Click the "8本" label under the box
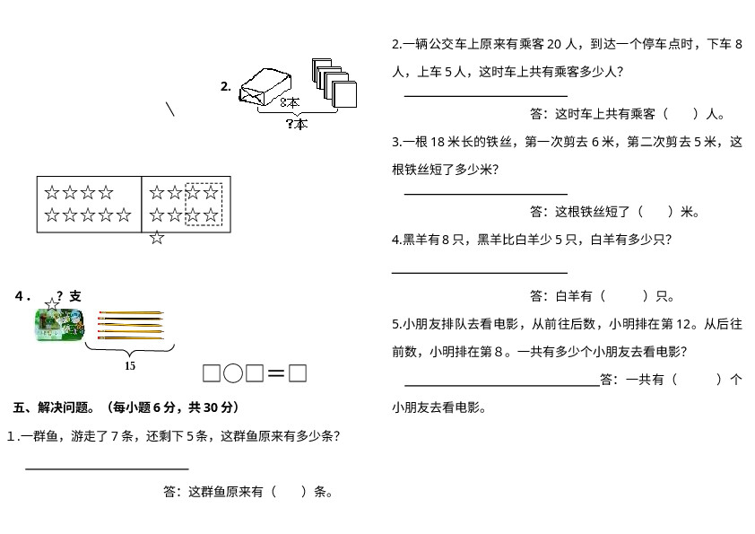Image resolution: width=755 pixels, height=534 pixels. [x=290, y=103]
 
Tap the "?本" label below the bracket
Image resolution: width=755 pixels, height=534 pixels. [x=297, y=124]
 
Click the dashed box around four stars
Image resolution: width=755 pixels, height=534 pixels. [x=204, y=204]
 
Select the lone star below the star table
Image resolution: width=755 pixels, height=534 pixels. [x=157, y=238]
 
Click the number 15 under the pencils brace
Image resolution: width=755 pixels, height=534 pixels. [x=130, y=366]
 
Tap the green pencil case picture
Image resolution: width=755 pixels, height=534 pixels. [x=59, y=325]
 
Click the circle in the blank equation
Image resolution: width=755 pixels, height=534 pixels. [x=233, y=373]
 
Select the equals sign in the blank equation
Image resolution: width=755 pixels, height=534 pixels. [x=276, y=373]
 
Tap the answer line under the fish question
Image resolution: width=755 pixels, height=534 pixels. [x=107, y=468]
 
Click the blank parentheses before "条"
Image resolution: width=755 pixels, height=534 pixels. [x=289, y=492]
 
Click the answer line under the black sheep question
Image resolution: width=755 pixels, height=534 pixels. [x=480, y=272]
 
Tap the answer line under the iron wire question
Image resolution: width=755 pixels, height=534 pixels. [x=485, y=193]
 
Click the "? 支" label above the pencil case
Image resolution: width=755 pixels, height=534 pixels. [x=68, y=296]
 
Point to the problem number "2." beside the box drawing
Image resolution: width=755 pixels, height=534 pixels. [x=226, y=87]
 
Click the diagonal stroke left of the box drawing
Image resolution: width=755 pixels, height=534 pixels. [x=170, y=109]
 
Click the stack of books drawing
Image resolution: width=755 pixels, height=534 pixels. [x=334, y=83]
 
